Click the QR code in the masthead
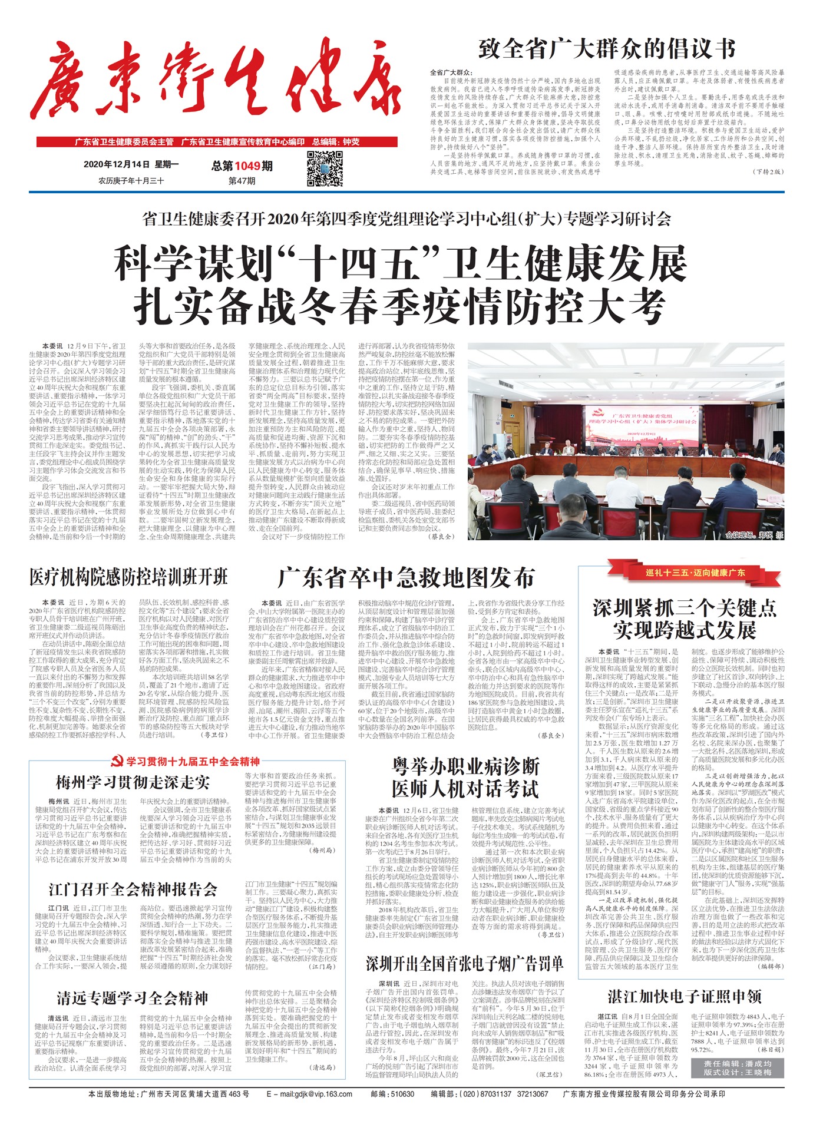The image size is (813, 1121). coord(325,168)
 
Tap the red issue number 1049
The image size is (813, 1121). coord(247,166)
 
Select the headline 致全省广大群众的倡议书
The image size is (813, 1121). coord(607,49)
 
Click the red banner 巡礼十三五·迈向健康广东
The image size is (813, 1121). coord(695,573)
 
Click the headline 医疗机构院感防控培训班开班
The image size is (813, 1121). coord(128,577)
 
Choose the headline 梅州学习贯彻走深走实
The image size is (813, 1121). coord(133,782)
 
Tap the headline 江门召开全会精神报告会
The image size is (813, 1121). coord(133,889)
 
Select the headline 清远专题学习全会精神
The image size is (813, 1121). coord(133,998)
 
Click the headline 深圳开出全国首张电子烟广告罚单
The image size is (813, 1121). coord(464,964)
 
